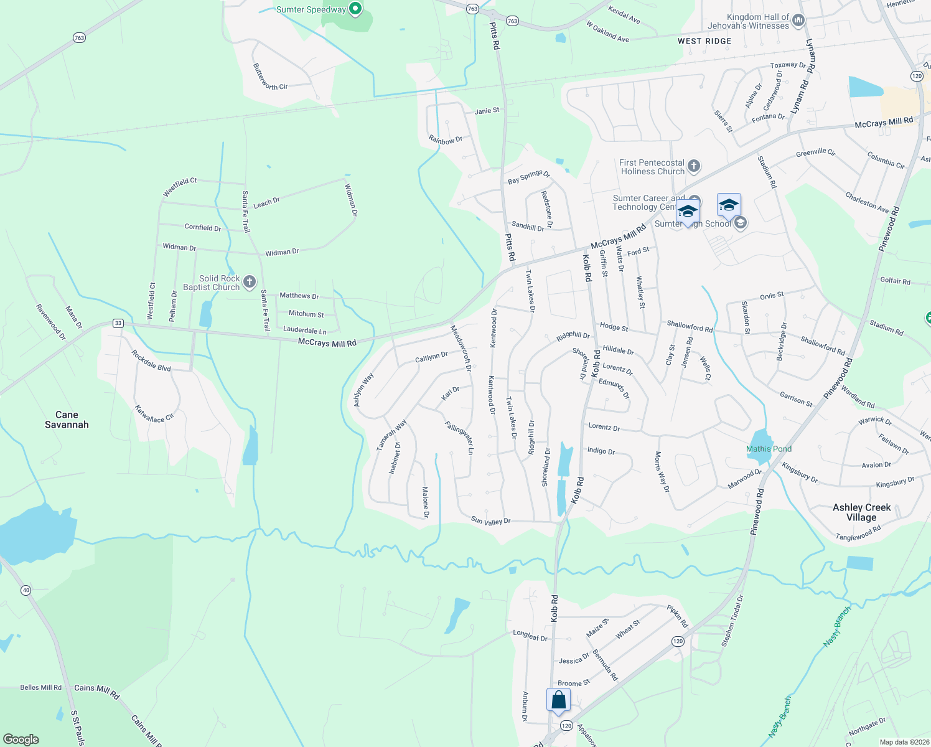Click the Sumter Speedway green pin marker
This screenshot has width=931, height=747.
pos(355,9)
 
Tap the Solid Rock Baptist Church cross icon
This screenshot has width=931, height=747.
pos(250,283)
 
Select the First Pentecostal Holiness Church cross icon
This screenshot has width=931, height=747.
pos(694,166)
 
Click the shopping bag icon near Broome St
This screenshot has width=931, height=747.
pos(559,699)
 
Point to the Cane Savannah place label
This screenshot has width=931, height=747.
pos(67,420)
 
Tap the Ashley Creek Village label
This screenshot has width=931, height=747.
pos(861,512)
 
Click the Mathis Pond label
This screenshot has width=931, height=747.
pos(769,449)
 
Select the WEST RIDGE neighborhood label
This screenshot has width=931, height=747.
pos(704,41)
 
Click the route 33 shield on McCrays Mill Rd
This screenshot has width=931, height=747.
pos(118,323)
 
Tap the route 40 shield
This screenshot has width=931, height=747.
pos(26,590)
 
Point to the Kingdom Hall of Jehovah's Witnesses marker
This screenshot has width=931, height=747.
pos(798,21)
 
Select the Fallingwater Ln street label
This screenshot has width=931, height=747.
pos(460,438)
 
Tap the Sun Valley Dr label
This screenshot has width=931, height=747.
pos(490,521)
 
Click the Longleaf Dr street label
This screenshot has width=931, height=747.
pos(530,636)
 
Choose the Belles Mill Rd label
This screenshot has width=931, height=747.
pos(40,687)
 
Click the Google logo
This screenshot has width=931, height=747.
pos(21,740)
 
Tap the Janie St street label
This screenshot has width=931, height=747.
pos(487,111)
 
